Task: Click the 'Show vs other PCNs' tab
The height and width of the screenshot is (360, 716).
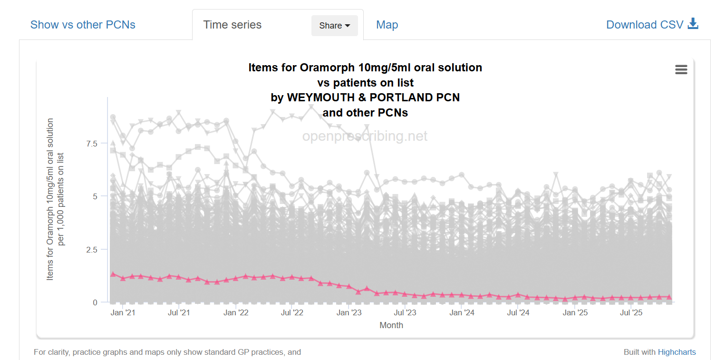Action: click(x=83, y=25)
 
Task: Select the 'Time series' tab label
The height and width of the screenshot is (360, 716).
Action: click(x=232, y=25)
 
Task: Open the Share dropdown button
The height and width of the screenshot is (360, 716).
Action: click(x=334, y=26)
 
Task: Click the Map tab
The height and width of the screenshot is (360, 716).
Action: click(x=387, y=25)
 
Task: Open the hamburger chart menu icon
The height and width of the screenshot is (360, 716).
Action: click(x=681, y=70)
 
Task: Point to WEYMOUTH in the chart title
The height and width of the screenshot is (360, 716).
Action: click(x=318, y=97)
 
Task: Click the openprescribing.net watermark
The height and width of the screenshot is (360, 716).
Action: click(x=365, y=136)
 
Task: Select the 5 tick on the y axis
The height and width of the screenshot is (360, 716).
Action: click(x=95, y=196)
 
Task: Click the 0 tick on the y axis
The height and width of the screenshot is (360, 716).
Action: click(x=95, y=302)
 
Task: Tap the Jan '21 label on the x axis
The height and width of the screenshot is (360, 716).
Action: click(x=123, y=313)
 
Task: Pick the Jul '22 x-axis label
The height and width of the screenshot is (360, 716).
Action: click(x=292, y=313)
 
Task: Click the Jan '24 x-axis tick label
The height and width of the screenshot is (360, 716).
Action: click(x=462, y=313)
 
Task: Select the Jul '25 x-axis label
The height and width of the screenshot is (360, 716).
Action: click(x=631, y=313)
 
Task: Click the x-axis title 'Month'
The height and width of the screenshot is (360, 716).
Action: click(x=391, y=325)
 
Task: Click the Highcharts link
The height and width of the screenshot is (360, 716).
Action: click(x=677, y=352)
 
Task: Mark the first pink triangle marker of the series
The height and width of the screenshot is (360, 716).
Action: click(x=113, y=274)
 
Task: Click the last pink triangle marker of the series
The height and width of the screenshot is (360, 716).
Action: click(x=669, y=297)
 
